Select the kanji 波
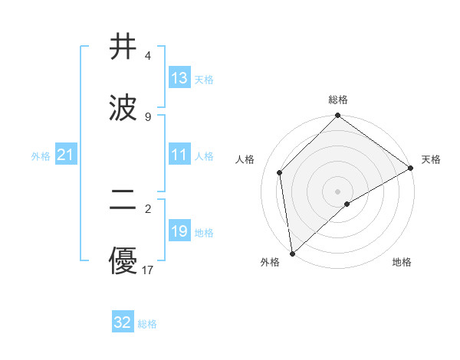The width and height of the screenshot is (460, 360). (x=123, y=107)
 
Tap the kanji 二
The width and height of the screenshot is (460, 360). (x=123, y=203)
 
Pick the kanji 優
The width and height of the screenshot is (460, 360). (x=123, y=263)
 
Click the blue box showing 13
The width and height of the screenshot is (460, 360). (x=179, y=78)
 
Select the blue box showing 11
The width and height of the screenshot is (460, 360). (x=179, y=155)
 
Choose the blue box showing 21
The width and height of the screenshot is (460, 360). (x=65, y=155)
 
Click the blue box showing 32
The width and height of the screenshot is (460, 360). (x=123, y=322)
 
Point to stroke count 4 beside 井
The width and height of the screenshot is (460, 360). (x=147, y=56)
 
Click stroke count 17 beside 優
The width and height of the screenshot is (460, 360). (x=148, y=270)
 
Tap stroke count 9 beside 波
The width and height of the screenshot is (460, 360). (x=147, y=116)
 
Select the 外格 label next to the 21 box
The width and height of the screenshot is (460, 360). (x=41, y=156)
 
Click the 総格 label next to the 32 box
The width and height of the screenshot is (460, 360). (x=147, y=324)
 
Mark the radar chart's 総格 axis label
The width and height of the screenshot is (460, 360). (x=338, y=100)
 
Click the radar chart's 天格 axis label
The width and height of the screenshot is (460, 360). (x=431, y=159)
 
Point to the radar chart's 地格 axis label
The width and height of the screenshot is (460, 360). (x=402, y=262)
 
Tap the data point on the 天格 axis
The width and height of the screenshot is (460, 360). (x=411, y=168)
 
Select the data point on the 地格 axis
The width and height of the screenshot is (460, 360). (x=347, y=204)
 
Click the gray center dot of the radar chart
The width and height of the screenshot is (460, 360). (x=338, y=191)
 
